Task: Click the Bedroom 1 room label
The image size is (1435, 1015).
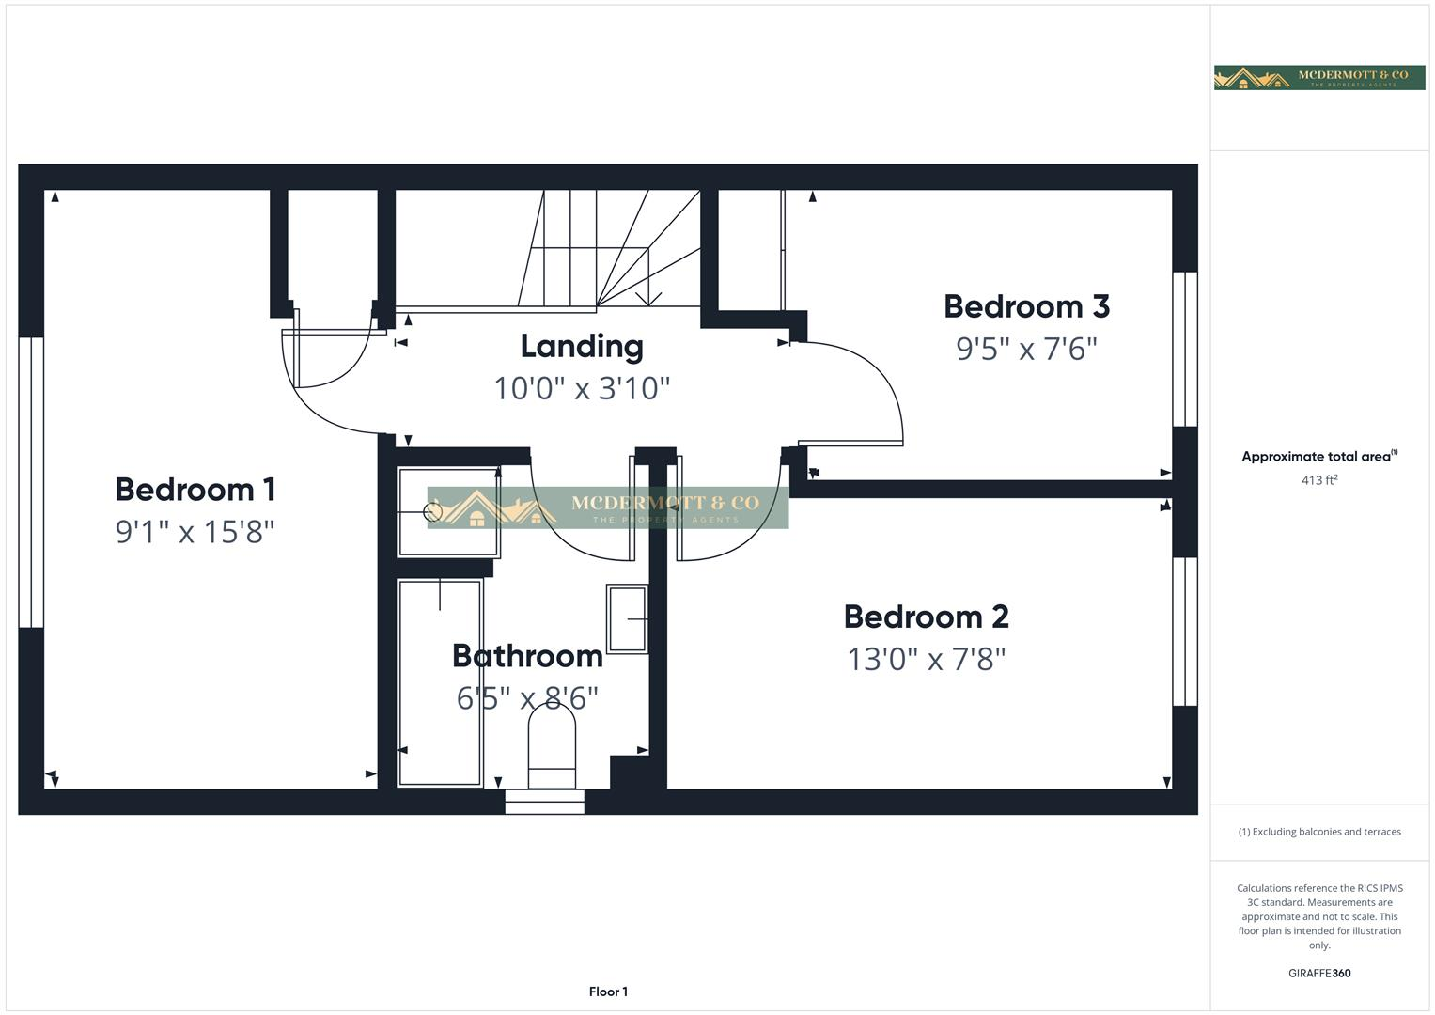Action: click(195, 490)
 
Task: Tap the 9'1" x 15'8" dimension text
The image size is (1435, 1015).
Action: click(195, 532)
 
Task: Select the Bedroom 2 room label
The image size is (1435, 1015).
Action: click(926, 617)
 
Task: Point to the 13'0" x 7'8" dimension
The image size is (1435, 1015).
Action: click(926, 659)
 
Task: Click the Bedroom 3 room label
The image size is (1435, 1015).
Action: click(1026, 306)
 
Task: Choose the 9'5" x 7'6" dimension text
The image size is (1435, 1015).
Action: click(1026, 349)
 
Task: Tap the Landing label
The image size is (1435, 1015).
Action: click(582, 346)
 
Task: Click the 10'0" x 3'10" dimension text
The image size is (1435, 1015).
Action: click(582, 388)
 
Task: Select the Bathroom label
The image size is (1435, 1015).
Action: click(527, 656)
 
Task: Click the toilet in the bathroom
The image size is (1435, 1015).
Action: click(552, 747)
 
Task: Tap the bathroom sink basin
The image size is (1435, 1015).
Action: click(627, 618)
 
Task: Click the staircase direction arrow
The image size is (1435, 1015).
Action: click(648, 298)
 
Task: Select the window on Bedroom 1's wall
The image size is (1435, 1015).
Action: click(31, 482)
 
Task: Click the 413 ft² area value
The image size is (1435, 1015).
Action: click(1319, 480)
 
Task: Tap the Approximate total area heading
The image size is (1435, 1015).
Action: click(1318, 457)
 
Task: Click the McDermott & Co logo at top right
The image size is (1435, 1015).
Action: click(1318, 77)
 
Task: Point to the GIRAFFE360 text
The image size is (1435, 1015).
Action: click(1318, 973)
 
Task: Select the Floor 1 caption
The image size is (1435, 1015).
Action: click(608, 992)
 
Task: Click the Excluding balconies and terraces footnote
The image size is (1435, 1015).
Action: click(1318, 832)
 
